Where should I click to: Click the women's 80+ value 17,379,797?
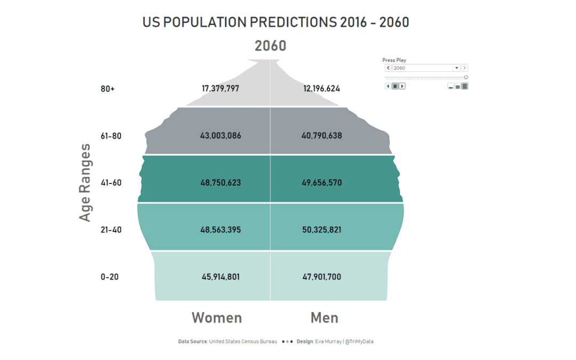(220, 89)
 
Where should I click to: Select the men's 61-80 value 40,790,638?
(322, 136)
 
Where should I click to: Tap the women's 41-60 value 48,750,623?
(220, 183)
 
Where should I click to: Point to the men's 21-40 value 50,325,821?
(322, 230)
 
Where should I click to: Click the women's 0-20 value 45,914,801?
(220, 277)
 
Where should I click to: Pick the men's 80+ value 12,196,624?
(322, 89)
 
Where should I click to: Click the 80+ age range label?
(108, 89)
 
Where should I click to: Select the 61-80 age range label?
(111, 136)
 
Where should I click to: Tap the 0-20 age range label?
(109, 277)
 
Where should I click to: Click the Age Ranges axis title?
(85, 182)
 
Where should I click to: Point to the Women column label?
(217, 318)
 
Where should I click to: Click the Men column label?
(324, 318)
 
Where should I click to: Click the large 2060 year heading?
(270, 46)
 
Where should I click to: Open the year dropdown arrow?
(457, 68)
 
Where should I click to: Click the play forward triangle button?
(402, 86)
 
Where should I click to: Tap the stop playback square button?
(395, 86)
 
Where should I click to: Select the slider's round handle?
(466, 77)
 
